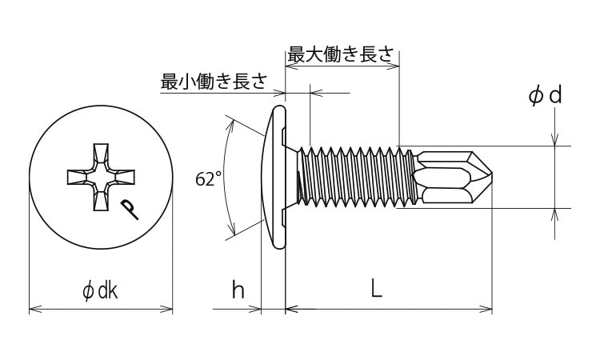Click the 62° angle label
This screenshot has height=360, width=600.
pyautogui.click(x=208, y=179)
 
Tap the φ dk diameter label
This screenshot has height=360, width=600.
pyautogui.click(x=100, y=291)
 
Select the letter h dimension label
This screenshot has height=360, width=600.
pyautogui.click(x=238, y=290)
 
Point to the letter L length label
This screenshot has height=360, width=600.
pyautogui.click(x=377, y=289)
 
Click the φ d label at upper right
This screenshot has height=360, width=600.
pyautogui.click(x=546, y=96)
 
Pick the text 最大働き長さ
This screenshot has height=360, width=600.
pyautogui.click(x=341, y=54)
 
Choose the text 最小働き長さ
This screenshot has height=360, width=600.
pyautogui.click(x=214, y=81)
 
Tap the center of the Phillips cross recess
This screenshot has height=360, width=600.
pyautogui.click(x=101, y=177)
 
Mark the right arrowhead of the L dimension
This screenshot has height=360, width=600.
pyautogui.click(x=486, y=309)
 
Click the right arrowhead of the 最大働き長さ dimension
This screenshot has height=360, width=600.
pyautogui.click(x=394, y=66)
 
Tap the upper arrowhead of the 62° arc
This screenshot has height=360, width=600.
pyautogui.click(x=230, y=125)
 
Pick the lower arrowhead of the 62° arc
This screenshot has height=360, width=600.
pyautogui.click(x=231, y=230)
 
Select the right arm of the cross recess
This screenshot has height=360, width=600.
pyautogui.click(x=123, y=177)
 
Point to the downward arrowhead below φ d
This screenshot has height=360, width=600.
pyautogui.click(x=555, y=139)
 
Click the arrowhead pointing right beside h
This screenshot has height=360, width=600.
pyautogui.click(x=255, y=309)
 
